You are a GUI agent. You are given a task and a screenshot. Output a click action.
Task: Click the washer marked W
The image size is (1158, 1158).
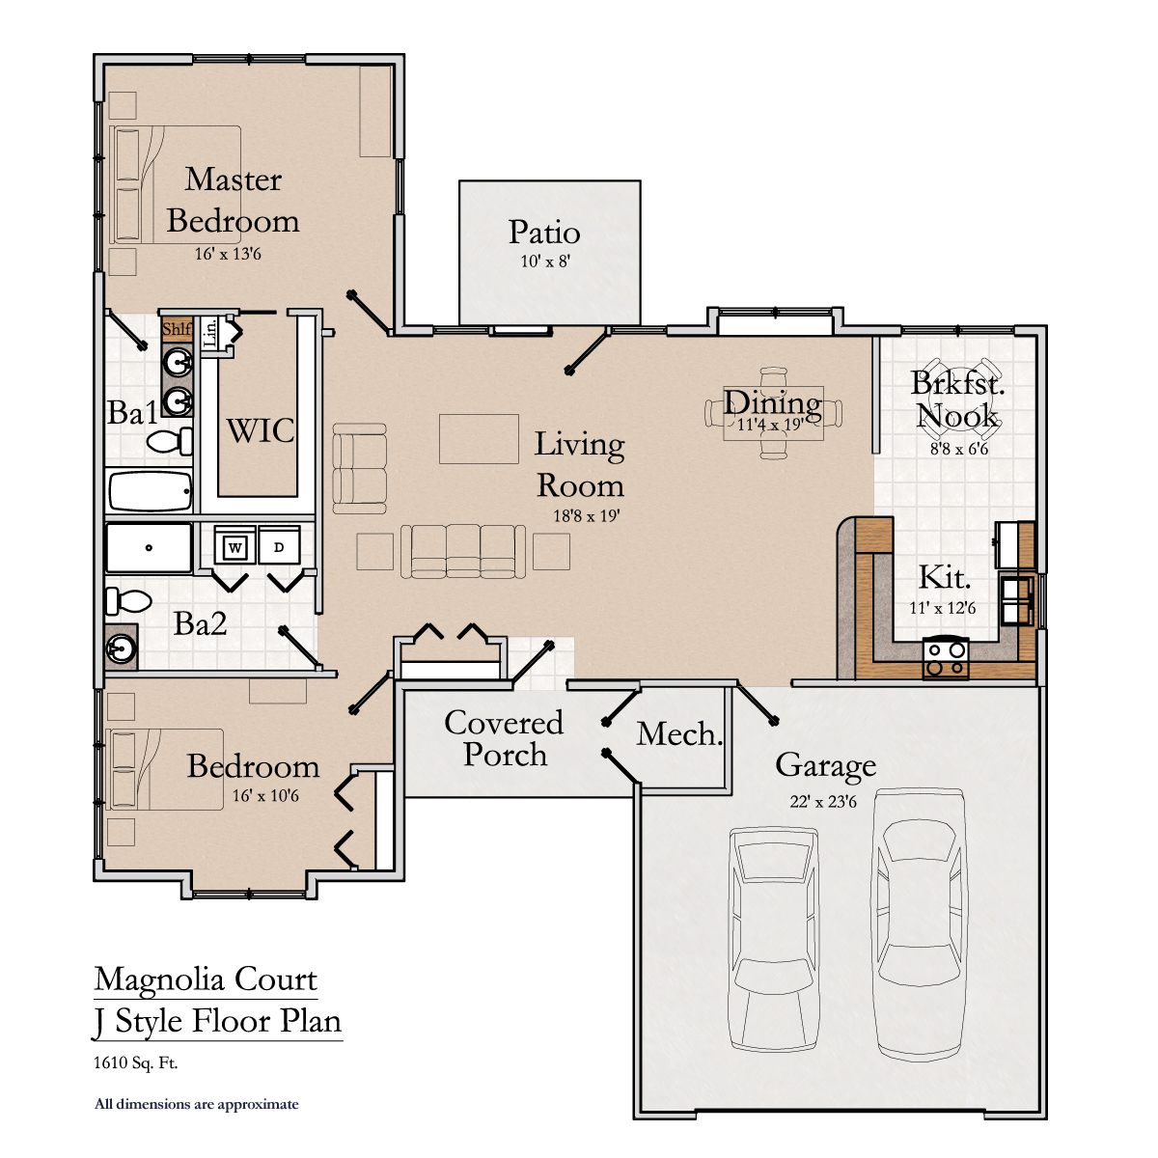pyautogui.click(x=234, y=545)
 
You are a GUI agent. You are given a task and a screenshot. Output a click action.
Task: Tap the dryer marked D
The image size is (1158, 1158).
pyautogui.click(x=279, y=545)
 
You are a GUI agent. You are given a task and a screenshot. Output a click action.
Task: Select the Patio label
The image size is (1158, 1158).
pyautogui.click(x=544, y=232)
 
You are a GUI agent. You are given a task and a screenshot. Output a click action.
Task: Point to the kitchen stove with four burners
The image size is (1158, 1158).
pyautogui.click(x=946, y=658)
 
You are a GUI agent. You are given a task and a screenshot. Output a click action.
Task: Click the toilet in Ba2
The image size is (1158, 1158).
pyautogui.click(x=128, y=601)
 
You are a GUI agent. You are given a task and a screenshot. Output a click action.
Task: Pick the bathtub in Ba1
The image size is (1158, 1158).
pyautogui.click(x=150, y=491)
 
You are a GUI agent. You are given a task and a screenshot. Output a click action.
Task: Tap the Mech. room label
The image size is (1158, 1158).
pyautogui.click(x=679, y=733)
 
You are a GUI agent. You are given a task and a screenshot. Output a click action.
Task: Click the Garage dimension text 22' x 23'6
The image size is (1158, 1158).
pyautogui.click(x=823, y=801)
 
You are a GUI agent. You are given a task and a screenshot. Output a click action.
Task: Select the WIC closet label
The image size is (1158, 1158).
pyautogui.click(x=261, y=430)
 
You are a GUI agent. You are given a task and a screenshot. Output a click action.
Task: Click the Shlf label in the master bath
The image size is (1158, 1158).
pyautogui.click(x=177, y=329)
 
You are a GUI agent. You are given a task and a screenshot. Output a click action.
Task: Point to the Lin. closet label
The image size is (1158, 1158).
pyautogui.click(x=209, y=333)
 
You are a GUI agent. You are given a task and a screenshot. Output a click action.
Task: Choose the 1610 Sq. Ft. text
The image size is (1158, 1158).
pyautogui.click(x=136, y=1062)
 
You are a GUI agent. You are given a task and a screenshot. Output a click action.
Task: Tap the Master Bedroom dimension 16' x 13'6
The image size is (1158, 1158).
pyautogui.click(x=228, y=254)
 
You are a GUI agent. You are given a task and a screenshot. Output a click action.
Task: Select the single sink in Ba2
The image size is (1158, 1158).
pyautogui.click(x=122, y=648)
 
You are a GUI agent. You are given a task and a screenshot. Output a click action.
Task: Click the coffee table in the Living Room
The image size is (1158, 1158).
pyautogui.click(x=479, y=439)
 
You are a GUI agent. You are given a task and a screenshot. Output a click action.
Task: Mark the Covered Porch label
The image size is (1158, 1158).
pyautogui.click(x=504, y=738)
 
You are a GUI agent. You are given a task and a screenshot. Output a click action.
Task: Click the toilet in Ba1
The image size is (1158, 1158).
pyautogui.click(x=170, y=442)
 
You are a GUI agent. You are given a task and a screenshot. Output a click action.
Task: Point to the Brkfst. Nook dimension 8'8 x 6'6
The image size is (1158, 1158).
pyautogui.click(x=959, y=449)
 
